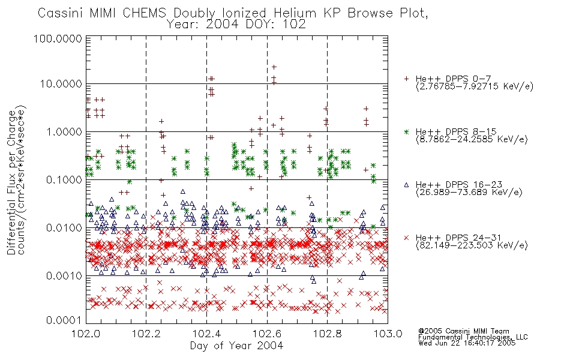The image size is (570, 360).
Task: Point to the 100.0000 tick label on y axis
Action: (58, 38)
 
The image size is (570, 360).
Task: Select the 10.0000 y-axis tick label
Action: (61, 84)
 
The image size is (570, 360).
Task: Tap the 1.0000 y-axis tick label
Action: (64, 132)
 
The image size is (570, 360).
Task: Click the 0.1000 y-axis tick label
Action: (64, 180)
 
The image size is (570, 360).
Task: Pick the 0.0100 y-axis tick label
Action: (64, 228)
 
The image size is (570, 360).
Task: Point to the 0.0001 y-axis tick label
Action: (64, 320)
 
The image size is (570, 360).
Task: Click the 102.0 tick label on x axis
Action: (86, 334)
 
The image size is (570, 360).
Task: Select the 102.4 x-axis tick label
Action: (206, 334)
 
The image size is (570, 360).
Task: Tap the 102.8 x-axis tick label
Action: (327, 334)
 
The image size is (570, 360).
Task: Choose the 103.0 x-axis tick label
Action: (388, 334)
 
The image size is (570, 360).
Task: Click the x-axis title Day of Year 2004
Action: (236, 346)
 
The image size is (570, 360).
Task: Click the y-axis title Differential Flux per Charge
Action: (11, 182)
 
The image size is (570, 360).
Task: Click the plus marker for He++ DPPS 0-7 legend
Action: (406, 79)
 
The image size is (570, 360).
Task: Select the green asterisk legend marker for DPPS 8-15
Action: (406, 131)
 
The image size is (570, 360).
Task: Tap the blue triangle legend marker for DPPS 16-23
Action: (406, 185)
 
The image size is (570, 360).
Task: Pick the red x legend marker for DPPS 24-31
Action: (406, 238)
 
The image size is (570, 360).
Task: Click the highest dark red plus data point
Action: (274, 67)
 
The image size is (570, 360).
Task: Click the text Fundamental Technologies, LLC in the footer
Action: (473, 337)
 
